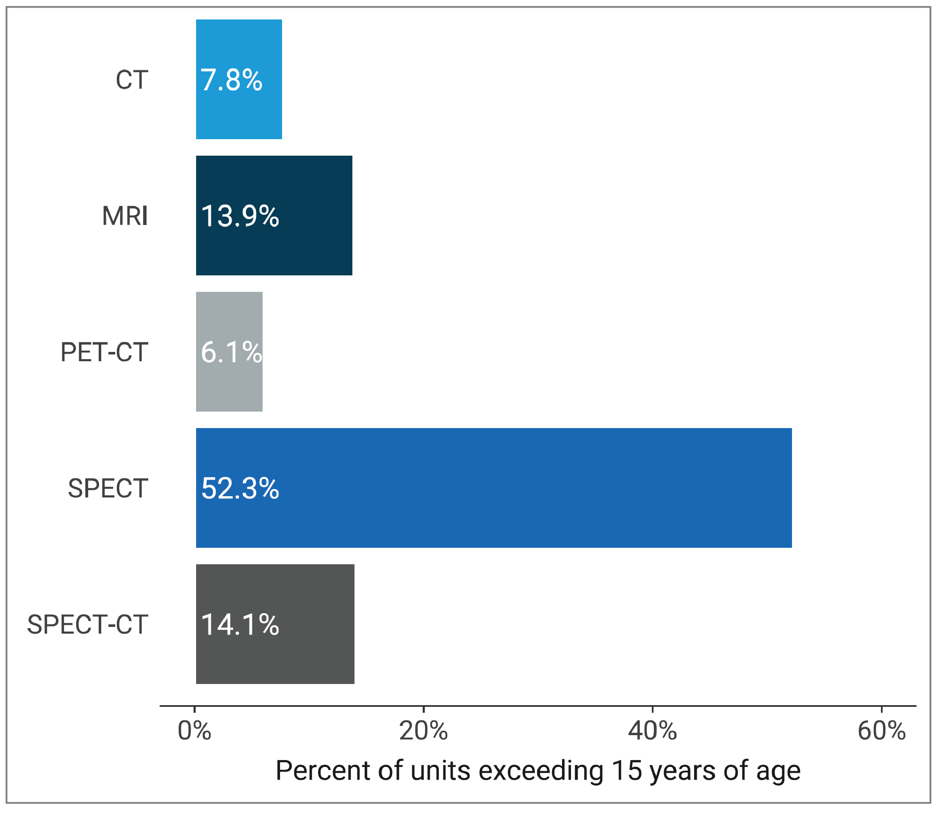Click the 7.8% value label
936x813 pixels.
pos(232,80)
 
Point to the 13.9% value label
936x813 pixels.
pos(240,216)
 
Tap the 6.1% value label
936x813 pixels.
pos(231,352)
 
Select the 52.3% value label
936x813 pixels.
pos(240,489)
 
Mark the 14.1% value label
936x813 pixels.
pos(240,625)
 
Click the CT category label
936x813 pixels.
pos(132,80)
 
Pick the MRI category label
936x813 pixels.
pos(125,216)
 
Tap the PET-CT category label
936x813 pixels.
pos(105,352)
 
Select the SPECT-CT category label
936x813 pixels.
pos(88,625)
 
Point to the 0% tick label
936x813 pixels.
pos(194,731)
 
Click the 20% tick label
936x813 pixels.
pos(423,731)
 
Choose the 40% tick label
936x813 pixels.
pos(652,731)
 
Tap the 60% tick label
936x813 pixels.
pos(881,731)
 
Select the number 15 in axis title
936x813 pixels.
pos(626,771)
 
